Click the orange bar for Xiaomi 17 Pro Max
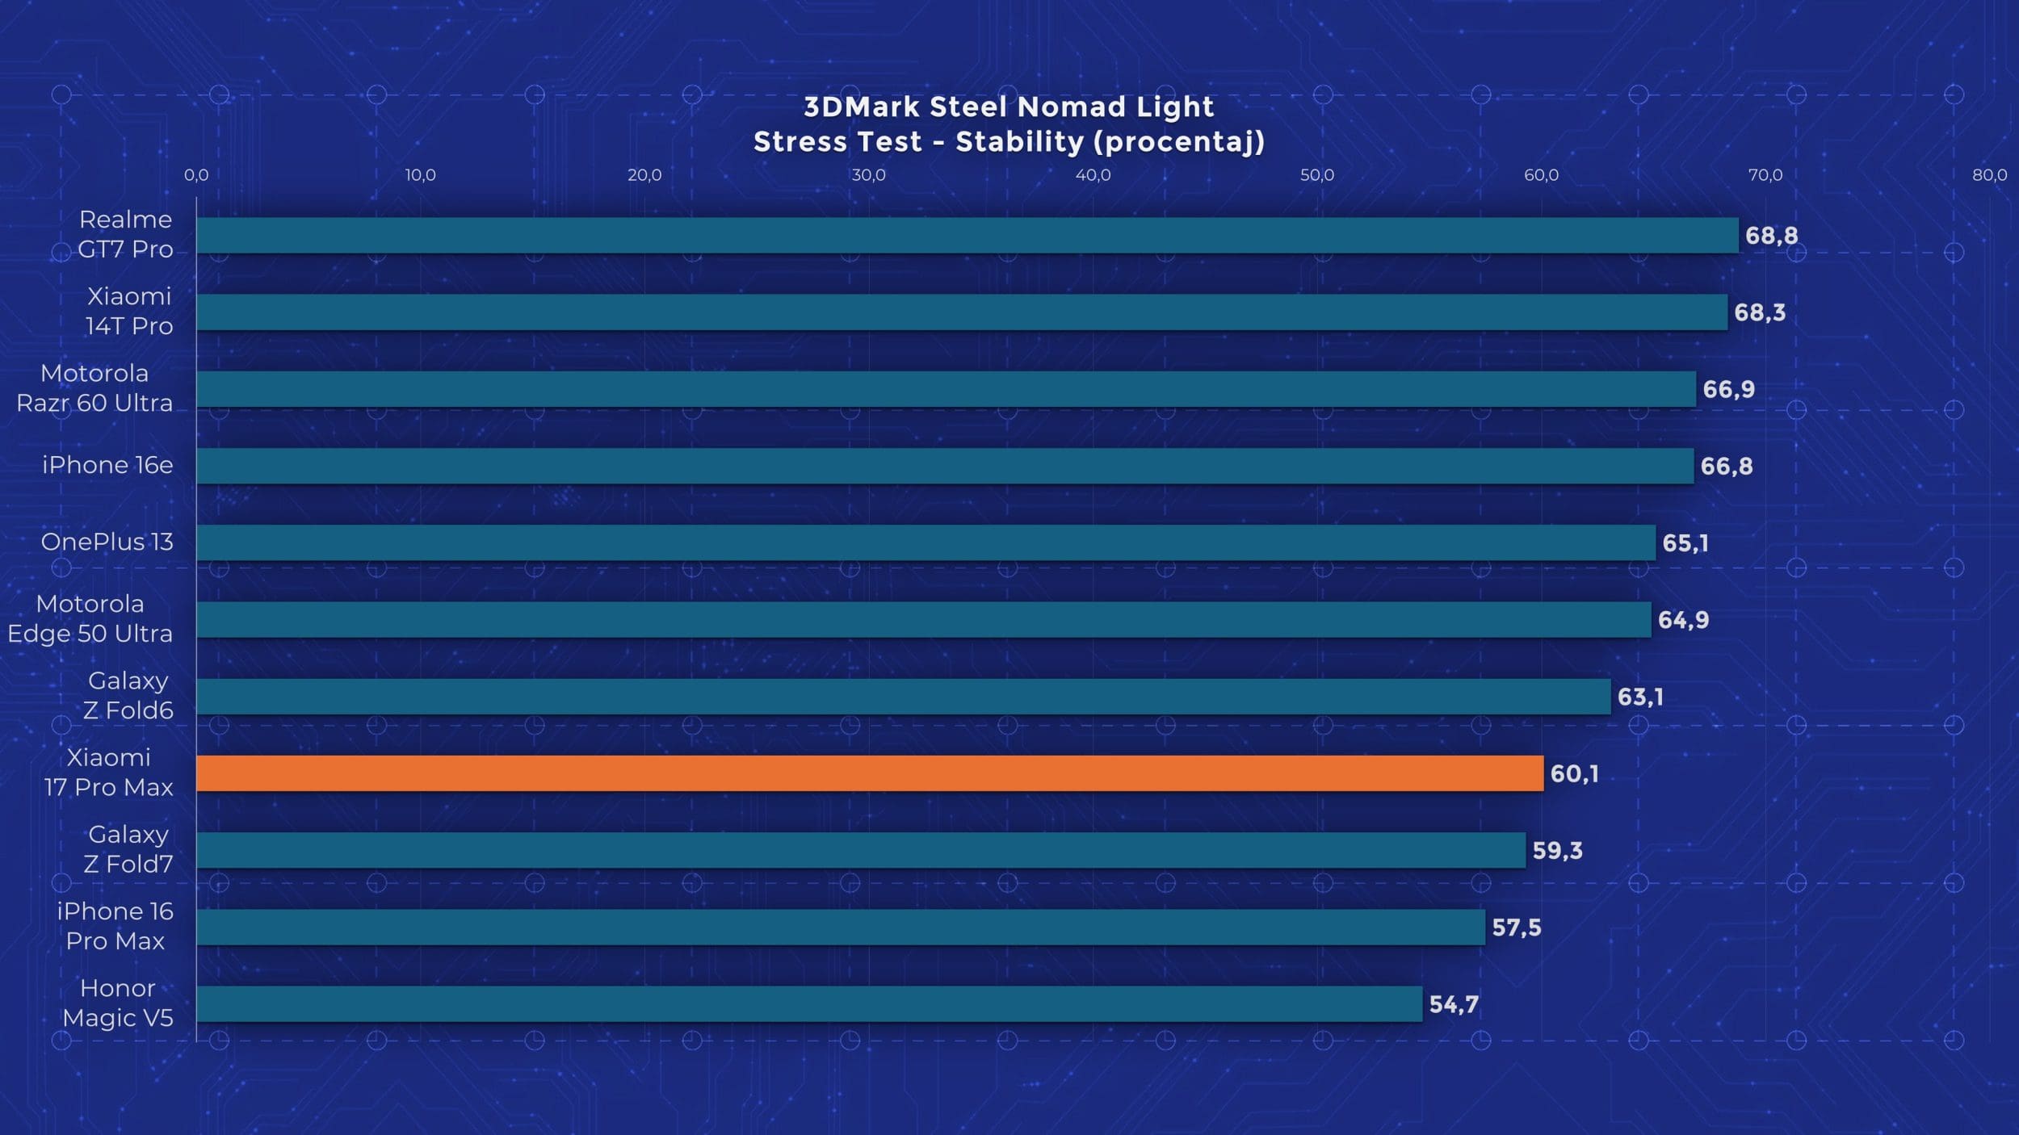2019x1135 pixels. point(869,773)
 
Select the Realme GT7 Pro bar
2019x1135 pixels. point(967,235)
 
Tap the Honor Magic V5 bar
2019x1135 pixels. point(808,1003)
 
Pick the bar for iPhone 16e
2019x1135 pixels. point(944,466)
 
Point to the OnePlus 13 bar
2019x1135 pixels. point(926,542)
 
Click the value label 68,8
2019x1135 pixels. point(1771,236)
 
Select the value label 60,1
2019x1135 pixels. point(1574,773)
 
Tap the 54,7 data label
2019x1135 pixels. point(1454,1004)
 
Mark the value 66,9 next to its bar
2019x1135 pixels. point(1728,389)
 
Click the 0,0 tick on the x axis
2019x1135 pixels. point(196,175)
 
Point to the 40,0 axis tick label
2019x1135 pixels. point(1093,175)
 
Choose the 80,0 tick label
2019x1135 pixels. point(1989,175)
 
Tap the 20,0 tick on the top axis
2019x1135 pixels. point(644,175)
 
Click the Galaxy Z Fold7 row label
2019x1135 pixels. point(128,849)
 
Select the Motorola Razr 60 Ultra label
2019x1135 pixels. point(94,388)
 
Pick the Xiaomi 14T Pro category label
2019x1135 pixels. point(129,312)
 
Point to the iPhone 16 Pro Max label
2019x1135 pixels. point(115,926)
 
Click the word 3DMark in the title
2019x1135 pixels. point(862,107)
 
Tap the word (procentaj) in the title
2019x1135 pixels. point(1179,142)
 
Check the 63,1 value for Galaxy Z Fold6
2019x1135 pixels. point(1640,697)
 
